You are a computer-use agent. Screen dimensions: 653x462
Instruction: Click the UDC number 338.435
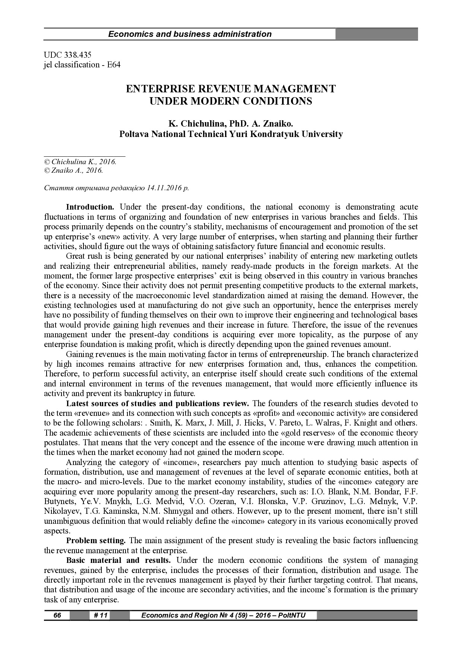[x=77, y=55]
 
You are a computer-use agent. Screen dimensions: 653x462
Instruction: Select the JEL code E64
[x=114, y=65]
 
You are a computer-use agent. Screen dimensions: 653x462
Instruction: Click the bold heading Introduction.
[x=90, y=207]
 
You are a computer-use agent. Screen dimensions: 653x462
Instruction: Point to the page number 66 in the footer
[x=57, y=615]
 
